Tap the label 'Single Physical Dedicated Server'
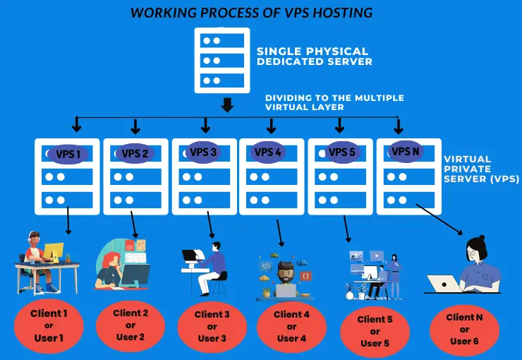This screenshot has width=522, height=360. coord(313,56)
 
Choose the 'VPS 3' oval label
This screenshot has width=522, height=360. coord(204,152)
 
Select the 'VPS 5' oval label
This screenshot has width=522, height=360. coord(341,152)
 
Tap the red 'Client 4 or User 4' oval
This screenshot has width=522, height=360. coord(291,326)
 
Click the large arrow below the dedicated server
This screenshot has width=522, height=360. coord(226,105)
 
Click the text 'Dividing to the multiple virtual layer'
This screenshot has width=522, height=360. coord(334,103)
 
